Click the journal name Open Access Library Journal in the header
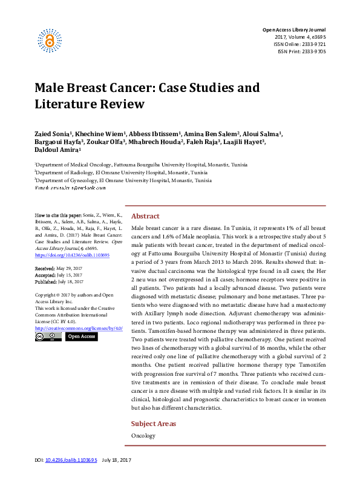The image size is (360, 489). (x=293, y=30)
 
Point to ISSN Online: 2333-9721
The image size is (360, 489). (x=300, y=44)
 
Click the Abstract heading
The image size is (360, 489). (x=145, y=216)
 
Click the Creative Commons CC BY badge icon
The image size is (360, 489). (x=48, y=336)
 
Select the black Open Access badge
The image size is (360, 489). (x=80, y=336)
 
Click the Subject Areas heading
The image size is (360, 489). (x=154, y=424)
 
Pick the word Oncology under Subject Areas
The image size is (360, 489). (x=143, y=436)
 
